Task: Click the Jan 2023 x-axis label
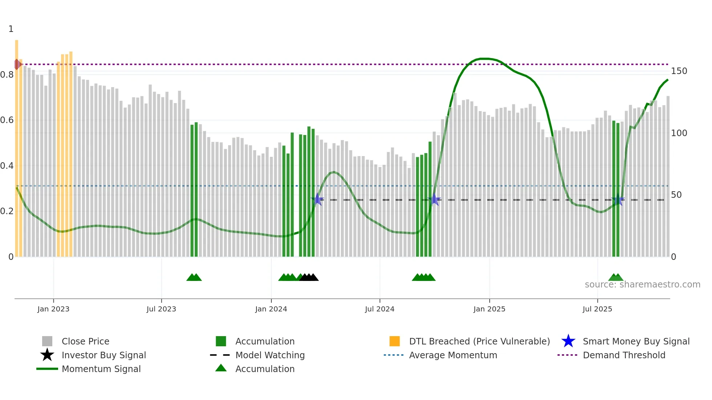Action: [x=53, y=309]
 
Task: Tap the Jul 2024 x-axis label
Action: [x=380, y=309]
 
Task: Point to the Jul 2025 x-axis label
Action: [x=597, y=309]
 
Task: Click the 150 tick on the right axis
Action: [x=679, y=71]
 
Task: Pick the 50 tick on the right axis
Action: [x=676, y=195]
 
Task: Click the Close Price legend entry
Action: [x=85, y=341]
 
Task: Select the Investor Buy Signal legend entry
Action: [x=104, y=355]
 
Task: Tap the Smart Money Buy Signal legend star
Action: [x=568, y=341]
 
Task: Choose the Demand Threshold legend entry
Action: [x=624, y=355]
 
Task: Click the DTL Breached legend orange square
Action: [x=395, y=341]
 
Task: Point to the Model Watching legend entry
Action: [x=270, y=355]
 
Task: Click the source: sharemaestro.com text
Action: [x=642, y=285]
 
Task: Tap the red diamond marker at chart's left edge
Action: [x=17, y=64]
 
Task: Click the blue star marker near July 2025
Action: [x=618, y=200]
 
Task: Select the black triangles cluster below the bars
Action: [x=309, y=278]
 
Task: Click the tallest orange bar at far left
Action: [x=17, y=145]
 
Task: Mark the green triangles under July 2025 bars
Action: [x=616, y=278]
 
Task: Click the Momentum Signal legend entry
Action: [x=101, y=369]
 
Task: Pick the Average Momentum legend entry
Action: [x=453, y=355]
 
